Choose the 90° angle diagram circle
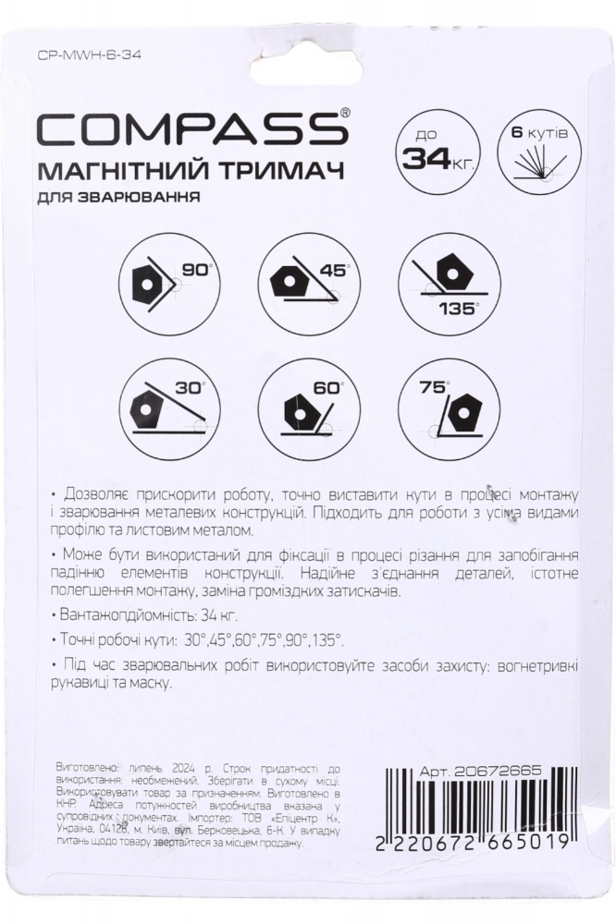click(x=168, y=275)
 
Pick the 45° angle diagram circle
click(x=307, y=275)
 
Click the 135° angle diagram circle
click(x=447, y=275)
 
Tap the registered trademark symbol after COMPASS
click(x=346, y=112)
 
